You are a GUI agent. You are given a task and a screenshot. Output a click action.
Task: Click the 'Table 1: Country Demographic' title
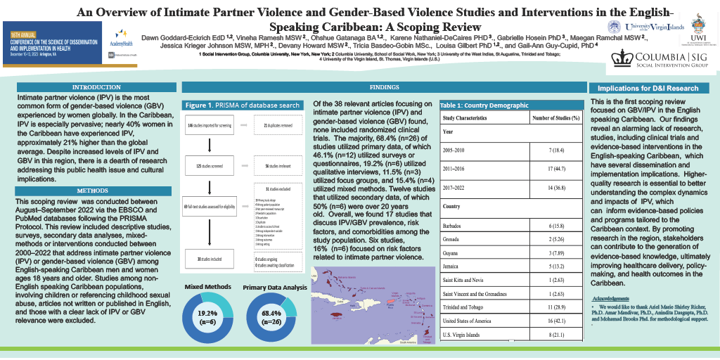pos(483,105)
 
